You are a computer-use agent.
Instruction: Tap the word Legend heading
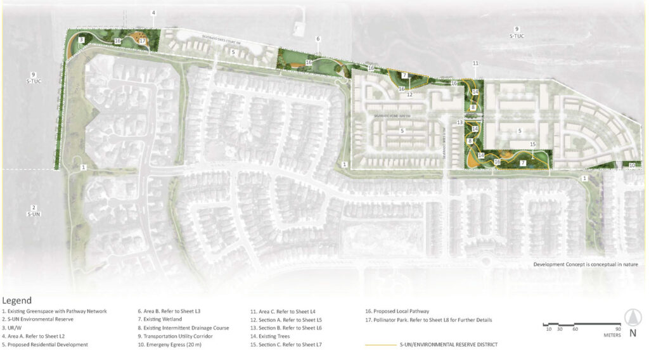[17, 300]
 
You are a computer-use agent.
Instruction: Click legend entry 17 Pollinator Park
[428, 319]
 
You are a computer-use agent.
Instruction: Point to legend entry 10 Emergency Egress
[168, 344]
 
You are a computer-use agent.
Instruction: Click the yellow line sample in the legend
[379, 344]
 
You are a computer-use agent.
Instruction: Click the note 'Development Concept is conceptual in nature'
[585, 264]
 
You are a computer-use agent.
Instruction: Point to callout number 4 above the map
[153, 13]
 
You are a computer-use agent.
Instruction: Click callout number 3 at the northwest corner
[82, 40]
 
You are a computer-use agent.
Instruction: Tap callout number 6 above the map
[318, 39]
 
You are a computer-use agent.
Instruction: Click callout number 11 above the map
[475, 63]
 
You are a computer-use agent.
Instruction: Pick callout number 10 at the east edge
[631, 165]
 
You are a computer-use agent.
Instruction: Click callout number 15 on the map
[532, 145]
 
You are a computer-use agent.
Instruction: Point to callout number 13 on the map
[460, 122]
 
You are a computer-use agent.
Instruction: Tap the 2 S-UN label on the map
[34, 211]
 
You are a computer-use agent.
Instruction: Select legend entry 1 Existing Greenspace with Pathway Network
[55, 311]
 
